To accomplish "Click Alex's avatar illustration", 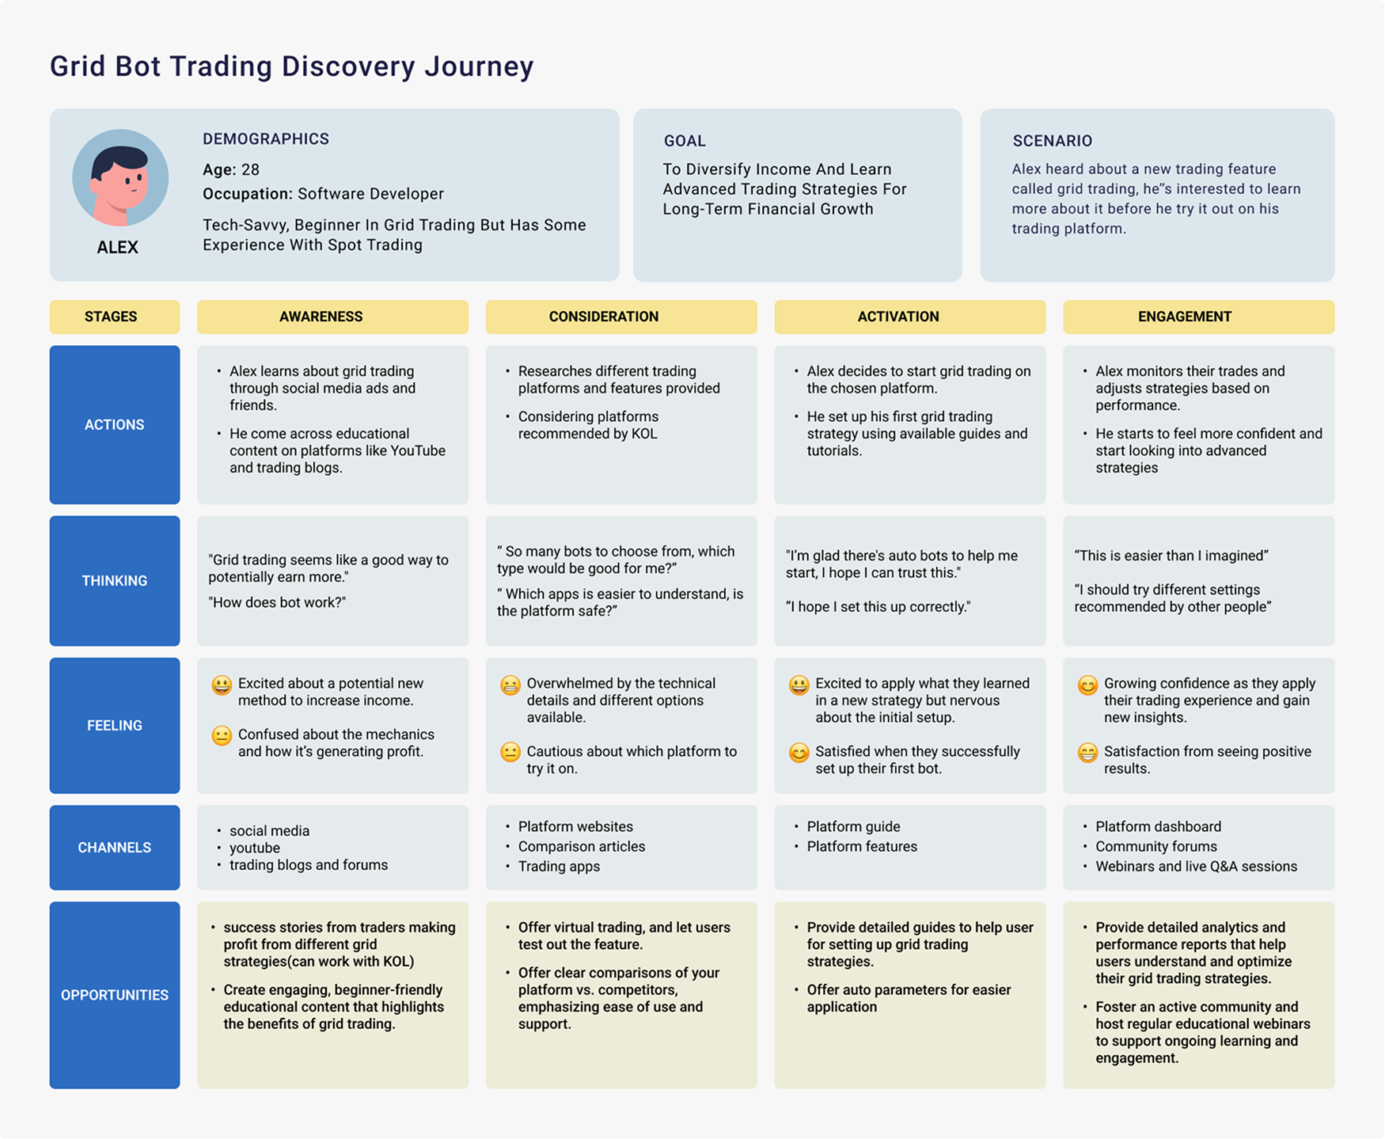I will [120, 177].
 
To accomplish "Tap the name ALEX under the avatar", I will [117, 248].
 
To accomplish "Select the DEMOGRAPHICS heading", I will [265, 139].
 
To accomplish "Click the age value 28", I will [250, 170].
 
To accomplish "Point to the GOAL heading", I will [685, 141].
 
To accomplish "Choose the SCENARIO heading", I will [1052, 141].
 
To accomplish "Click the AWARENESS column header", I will [321, 317].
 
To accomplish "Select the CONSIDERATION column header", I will [603, 317].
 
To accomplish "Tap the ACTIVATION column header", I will [897, 317].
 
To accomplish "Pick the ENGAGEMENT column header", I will [1184, 317].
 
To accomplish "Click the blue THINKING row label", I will [115, 581].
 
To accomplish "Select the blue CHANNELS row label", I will [115, 848].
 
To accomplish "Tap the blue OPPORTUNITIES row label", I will [115, 995].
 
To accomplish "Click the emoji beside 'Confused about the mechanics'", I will [222, 735].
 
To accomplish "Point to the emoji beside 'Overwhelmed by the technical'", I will [510, 685].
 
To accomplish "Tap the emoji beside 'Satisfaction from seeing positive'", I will [1087, 753].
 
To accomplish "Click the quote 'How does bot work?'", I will [277, 602].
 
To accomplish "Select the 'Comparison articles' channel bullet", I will [581, 847].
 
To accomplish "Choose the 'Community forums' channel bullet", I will [1155, 847].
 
